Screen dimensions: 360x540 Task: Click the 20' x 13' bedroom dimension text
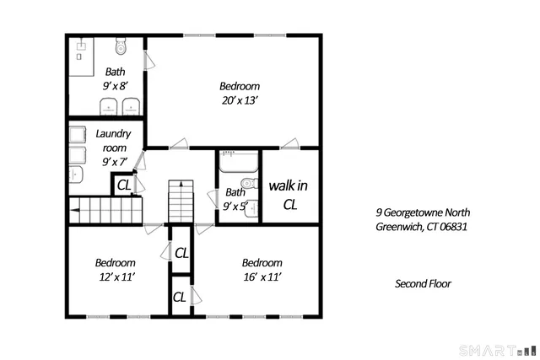240,100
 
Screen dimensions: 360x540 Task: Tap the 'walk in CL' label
289,194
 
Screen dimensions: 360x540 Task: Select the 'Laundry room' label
113,141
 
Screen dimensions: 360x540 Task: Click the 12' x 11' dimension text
115,276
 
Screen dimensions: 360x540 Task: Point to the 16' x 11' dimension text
262,276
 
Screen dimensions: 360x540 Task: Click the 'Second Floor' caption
423,283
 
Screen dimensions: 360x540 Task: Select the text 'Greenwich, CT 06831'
422,227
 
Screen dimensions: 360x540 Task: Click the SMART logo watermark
497,349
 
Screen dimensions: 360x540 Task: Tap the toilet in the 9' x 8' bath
119,46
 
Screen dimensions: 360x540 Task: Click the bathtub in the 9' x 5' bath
239,160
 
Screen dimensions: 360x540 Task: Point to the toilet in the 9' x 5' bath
248,185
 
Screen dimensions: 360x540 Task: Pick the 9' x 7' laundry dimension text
113,161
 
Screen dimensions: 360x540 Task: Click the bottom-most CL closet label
180,297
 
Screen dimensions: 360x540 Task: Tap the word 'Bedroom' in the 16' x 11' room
262,262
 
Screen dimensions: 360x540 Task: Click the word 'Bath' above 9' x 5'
235,192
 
